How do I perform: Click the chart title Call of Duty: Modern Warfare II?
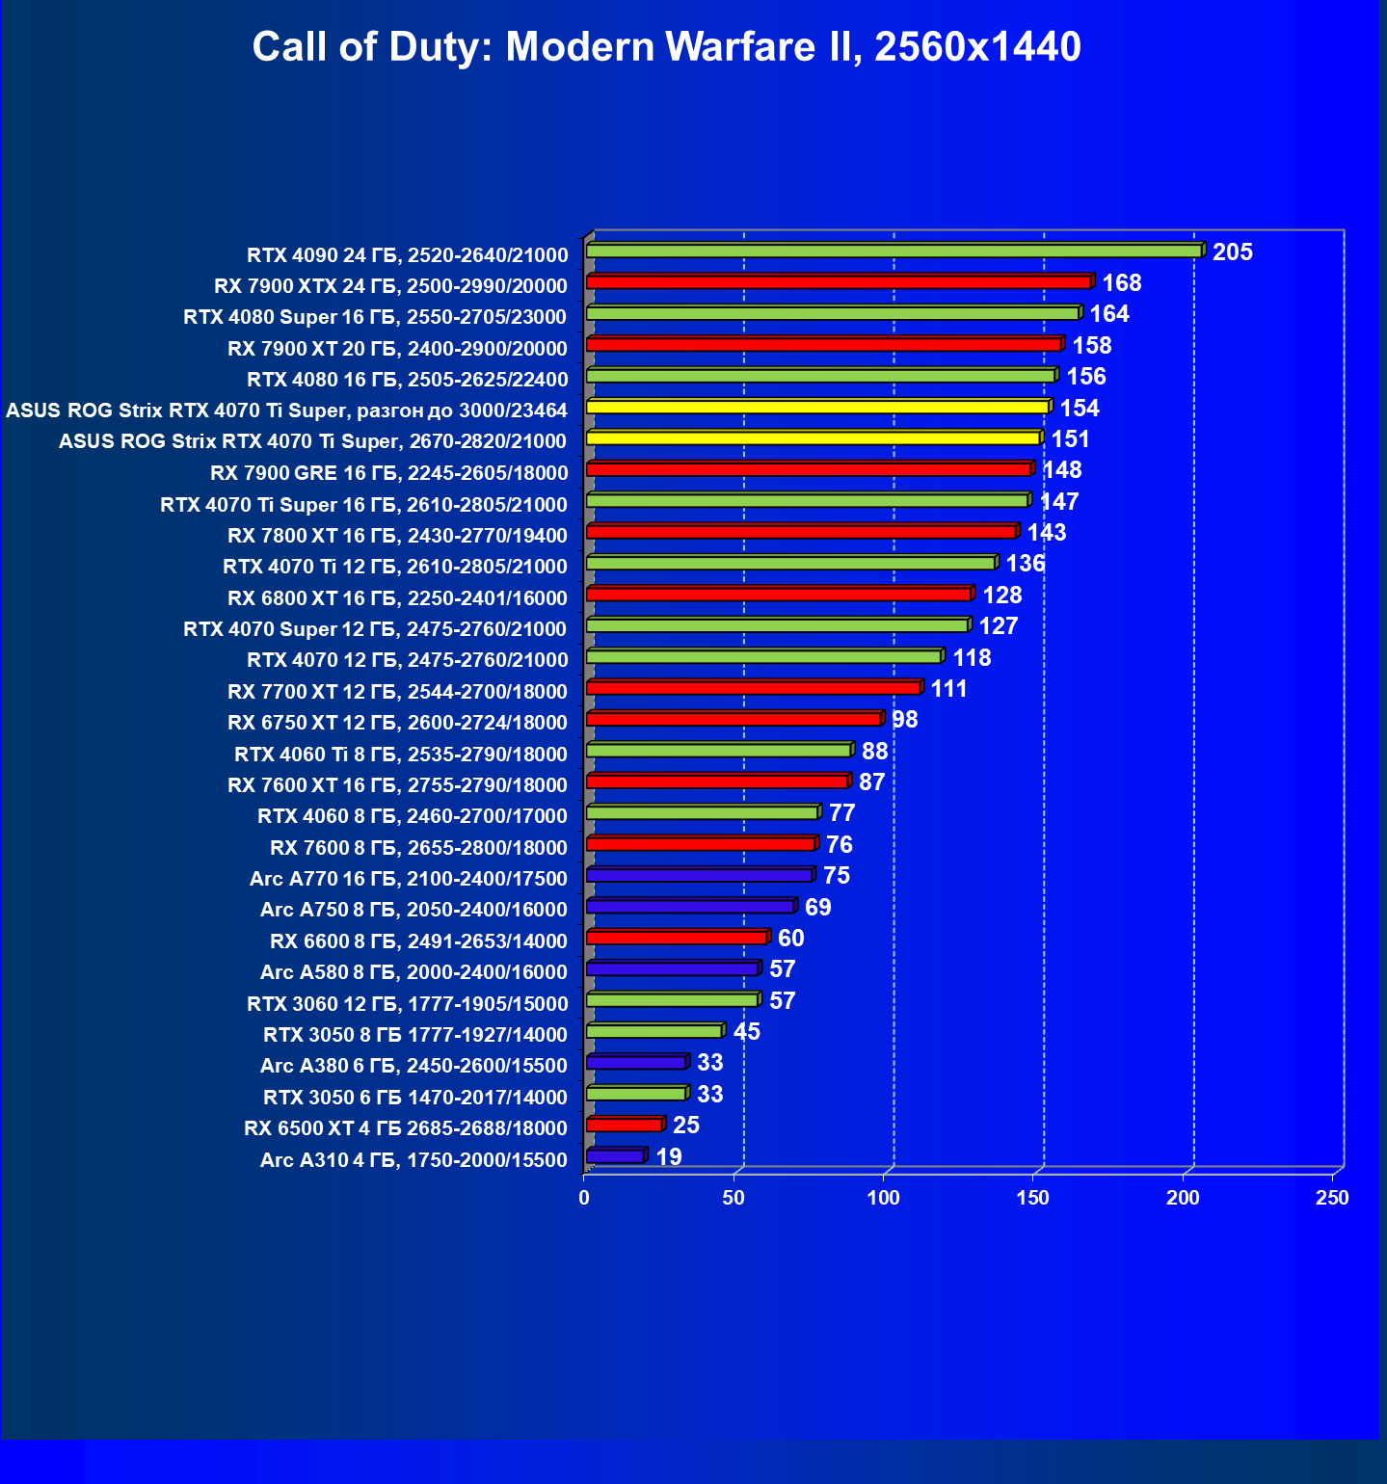pyautogui.click(x=666, y=47)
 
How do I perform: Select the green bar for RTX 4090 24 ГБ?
pyautogui.click(x=894, y=252)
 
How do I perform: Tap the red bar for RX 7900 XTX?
pyautogui.click(x=839, y=282)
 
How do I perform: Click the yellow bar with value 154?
pyautogui.click(x=817, y=407)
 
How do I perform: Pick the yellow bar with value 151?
pyautogui.click(x=813, y=438)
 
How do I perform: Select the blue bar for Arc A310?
pyautogui.click(x=615, y=1156)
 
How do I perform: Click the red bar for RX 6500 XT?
pyautogui.click(x=624, y=1125)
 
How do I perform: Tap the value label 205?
pyautogui.click(x=1232, y=252)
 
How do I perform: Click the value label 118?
pyautogui.click(x=972, y=658)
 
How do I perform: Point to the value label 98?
pyautogui.click(x=904, y=720)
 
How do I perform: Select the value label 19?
pyautogui.click(x=668, y=1156)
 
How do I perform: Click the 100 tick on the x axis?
pyautogui.click(x=883, y=1198)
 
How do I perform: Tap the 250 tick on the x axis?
pyautogui.click(x=1332, y=1198)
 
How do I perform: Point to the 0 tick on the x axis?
pyautogui.click(x=584, y=1198)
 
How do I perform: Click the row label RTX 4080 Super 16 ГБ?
pyautogui.click(x=375, y=317)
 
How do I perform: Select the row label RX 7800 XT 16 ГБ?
pyautogui.click(x=397, y=536)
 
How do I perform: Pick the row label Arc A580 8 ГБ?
pyautogui.click(x=413, y=972)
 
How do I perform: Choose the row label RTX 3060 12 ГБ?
pyautogui.click(x=407, y=1004)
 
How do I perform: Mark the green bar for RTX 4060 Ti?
pyautogui.click(x=718, y=750)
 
